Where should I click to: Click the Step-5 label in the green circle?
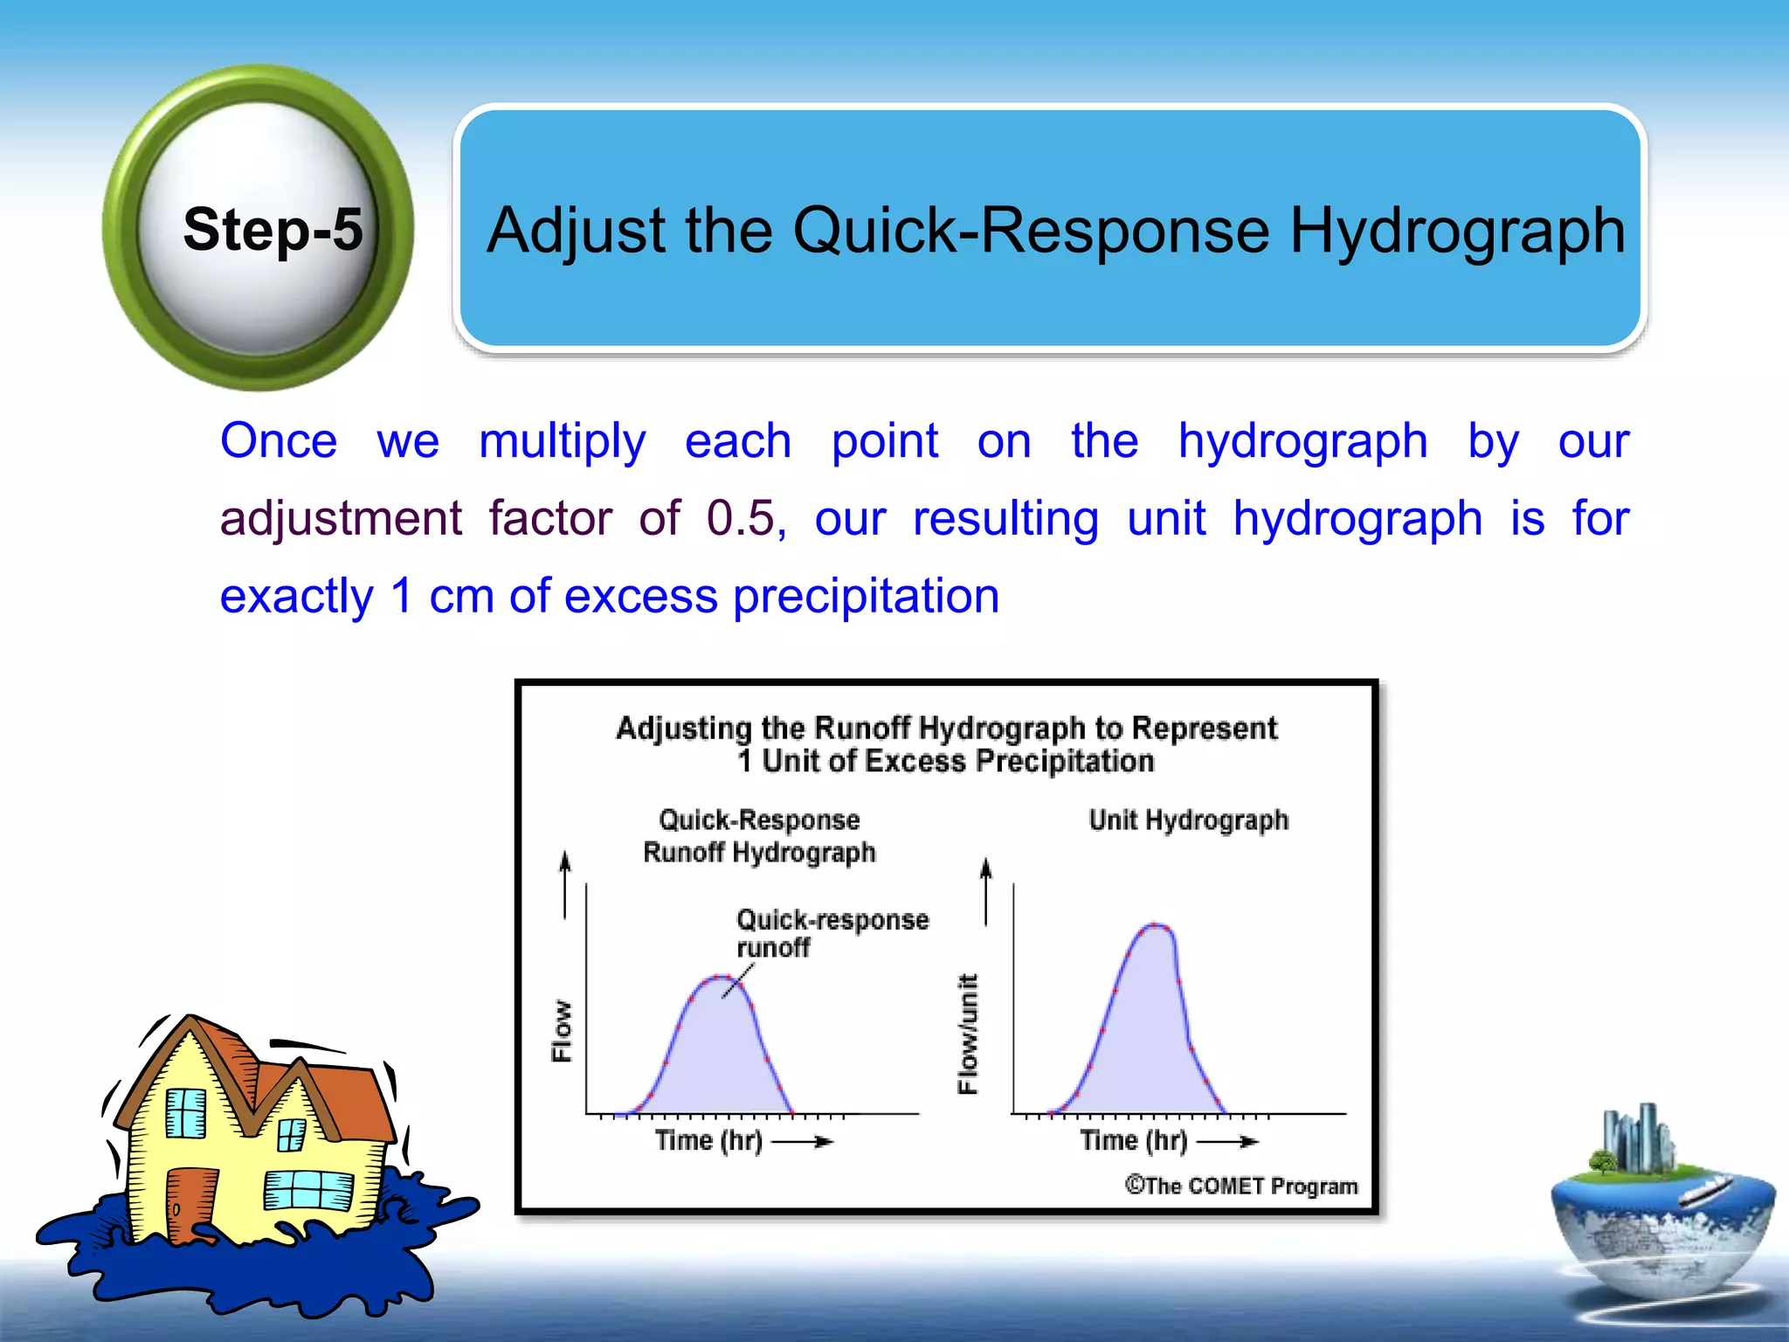272,230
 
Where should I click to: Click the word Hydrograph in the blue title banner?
1457,231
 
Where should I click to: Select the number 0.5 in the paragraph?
741,518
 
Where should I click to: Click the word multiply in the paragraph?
562,440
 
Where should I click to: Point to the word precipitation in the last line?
866,597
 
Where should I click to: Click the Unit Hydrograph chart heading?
1188,820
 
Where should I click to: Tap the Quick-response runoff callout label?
831,932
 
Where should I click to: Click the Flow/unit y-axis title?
968,1033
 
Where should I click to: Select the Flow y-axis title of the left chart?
562,1031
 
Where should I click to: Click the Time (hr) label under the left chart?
708,1141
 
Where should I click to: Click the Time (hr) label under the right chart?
1133,1141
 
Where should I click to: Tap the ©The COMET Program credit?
1240,1186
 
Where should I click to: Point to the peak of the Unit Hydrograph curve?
1156,925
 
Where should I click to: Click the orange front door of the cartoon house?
186,1204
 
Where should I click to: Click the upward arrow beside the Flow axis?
565,882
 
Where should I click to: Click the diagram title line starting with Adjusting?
946,729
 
